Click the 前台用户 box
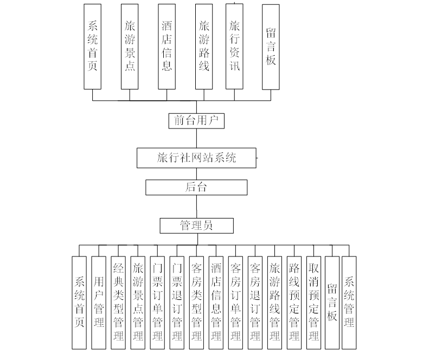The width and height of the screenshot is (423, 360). click(196, 120)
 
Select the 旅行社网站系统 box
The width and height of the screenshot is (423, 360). click(196, 158)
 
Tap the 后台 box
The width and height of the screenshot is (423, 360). click(196, 188)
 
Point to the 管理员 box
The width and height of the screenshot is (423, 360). click(196, 226)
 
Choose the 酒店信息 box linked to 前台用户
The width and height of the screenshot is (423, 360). click(167, 47)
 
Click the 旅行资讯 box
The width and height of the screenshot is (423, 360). click(235, 47)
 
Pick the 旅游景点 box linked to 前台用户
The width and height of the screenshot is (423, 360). click(130, 47)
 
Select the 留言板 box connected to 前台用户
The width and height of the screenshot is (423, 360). click(271, 47)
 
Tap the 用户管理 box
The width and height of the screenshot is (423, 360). click(99, 303)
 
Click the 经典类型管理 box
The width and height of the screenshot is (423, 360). click(118, 303)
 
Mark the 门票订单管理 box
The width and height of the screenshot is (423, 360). click(157, 303)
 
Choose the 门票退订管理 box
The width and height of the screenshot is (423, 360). click(177, 303)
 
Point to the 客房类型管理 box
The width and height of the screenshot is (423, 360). click(196, 303)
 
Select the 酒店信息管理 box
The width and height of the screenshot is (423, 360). click(216, 303)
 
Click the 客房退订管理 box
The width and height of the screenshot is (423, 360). click(255, 303)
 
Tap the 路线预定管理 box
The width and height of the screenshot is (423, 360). click(294, 303)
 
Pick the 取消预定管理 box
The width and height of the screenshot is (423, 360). click(313, 303)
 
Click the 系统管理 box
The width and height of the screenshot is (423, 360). click(349, 303)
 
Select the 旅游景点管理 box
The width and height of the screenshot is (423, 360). click(138, 303)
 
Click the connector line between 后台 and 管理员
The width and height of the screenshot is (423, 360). click(196, 207)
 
